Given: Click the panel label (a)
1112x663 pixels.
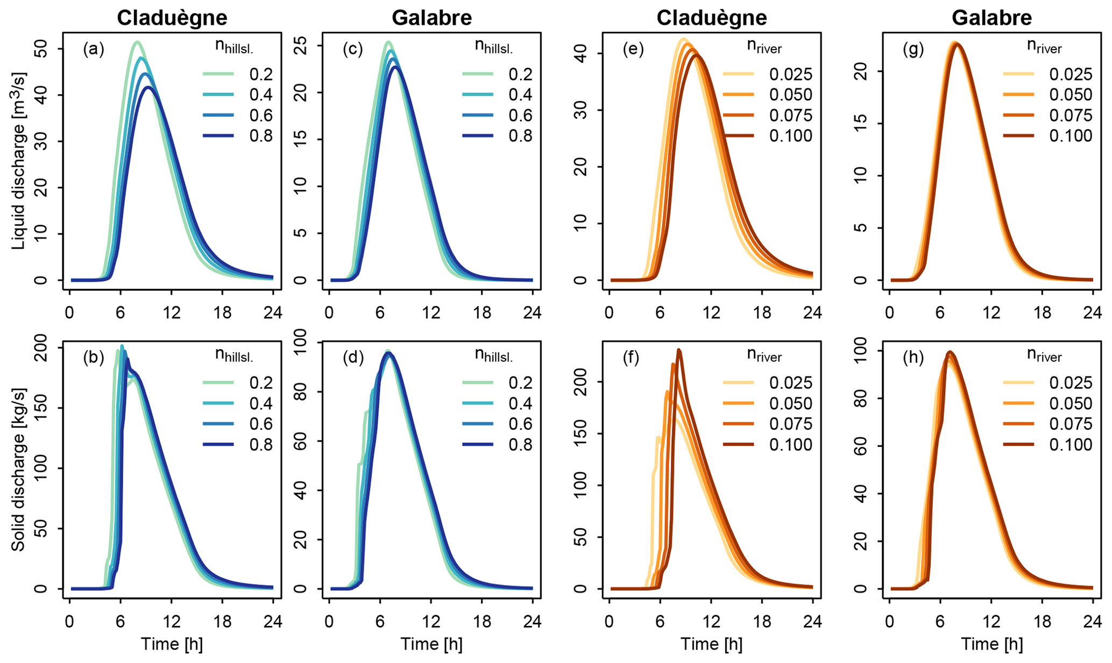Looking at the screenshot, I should (x=93, y=49).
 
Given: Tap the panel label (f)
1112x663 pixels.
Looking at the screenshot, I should (x=633, y=358).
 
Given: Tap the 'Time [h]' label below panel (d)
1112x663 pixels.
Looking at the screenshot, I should (x=431, y=644).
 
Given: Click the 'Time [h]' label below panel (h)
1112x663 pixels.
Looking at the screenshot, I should (x=992, y=644).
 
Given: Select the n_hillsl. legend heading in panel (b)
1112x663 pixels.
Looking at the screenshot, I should (x=234, y=355).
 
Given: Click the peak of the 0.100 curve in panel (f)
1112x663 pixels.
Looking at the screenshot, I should (x=679, y=350).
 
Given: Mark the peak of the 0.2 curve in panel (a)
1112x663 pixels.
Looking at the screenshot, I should (x=137, y=42).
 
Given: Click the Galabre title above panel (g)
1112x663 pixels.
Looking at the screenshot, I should (x=991, y=18).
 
